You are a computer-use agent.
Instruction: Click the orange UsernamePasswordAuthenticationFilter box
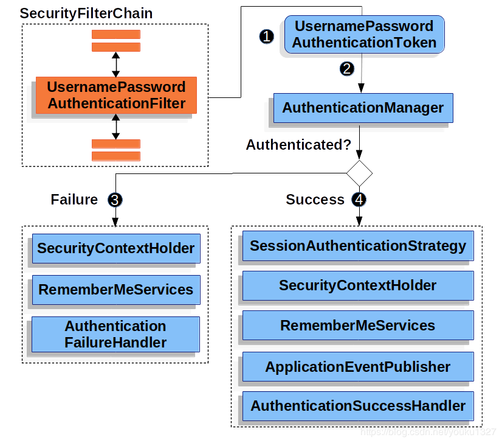pos(116,96)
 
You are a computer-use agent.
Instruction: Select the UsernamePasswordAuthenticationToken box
pos(364,35)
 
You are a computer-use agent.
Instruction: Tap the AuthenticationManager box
pos(363,108)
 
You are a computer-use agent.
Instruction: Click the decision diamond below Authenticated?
pos(359,173)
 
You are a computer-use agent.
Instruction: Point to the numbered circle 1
pos(266,37)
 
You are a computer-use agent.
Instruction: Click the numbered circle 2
pos(346,69)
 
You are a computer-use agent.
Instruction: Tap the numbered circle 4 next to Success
pos(359,200)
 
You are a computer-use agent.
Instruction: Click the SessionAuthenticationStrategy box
pos(358,246)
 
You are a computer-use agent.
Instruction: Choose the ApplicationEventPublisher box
pos(358,367)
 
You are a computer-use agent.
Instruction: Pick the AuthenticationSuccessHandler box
pos(358,406)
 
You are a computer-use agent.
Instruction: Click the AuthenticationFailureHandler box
pos(115,334)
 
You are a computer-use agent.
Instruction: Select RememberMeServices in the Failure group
pos(115,290)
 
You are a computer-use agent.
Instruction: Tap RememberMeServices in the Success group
pos(358,326)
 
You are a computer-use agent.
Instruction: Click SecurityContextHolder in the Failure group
pos(115,248)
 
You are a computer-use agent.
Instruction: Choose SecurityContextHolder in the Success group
pos(358,285)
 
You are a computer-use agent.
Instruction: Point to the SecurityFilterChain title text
pos(86,13)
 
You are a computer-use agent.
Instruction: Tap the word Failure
pos(74,200)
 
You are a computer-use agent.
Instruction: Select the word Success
pos(315,200)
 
